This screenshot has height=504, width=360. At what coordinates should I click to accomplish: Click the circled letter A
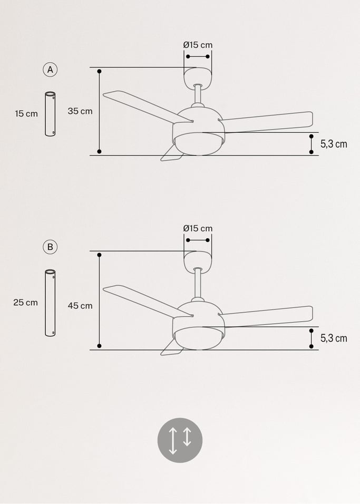click(x=50, y=70)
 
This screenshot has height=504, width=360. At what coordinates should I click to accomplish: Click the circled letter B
click(x=50, y=247)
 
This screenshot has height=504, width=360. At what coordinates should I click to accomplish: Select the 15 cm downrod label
click(x=26, y=113)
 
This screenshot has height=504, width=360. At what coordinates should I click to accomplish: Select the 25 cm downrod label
click(x=25, y=303)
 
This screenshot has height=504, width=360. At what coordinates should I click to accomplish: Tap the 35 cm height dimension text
click(x=80, y=111)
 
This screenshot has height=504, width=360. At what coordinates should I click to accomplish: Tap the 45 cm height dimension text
click(x=80, y=306)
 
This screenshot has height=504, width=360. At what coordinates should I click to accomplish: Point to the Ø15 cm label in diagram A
click(x=198, y=45)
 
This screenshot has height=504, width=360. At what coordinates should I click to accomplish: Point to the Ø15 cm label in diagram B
click(x=198, y=228)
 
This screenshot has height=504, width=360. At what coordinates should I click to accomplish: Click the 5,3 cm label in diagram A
click(x=334, y=144)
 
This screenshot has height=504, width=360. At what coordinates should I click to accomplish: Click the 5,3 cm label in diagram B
click(x=334, y=338)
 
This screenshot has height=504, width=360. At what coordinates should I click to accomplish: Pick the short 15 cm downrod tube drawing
click(x=50, y=114)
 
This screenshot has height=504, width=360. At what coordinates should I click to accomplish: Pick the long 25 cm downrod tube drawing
click(x=50, y=303)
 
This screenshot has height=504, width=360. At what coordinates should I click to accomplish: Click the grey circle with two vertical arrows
click(x=180, y=440)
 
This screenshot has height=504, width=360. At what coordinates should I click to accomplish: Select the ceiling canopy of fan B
click(x=198, y=261)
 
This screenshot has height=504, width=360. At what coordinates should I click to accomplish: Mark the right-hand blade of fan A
click(x=266, y=122)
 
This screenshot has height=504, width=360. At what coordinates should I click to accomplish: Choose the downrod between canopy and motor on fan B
click(x=198, y=284)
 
